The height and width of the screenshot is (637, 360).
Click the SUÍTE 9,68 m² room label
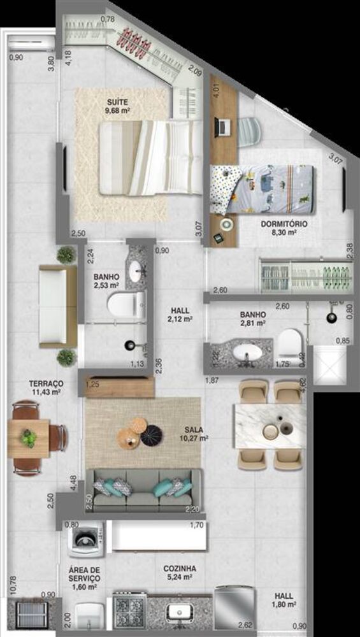click(x=117, y=105)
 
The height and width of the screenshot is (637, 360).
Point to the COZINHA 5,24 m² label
click(x=179, y=573)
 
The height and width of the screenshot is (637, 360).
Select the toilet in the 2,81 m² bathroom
click(x=290, y=342)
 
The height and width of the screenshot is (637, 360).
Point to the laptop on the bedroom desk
click(x=223, y=127)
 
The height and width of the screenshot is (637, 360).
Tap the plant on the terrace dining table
click(x=29, y=438)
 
